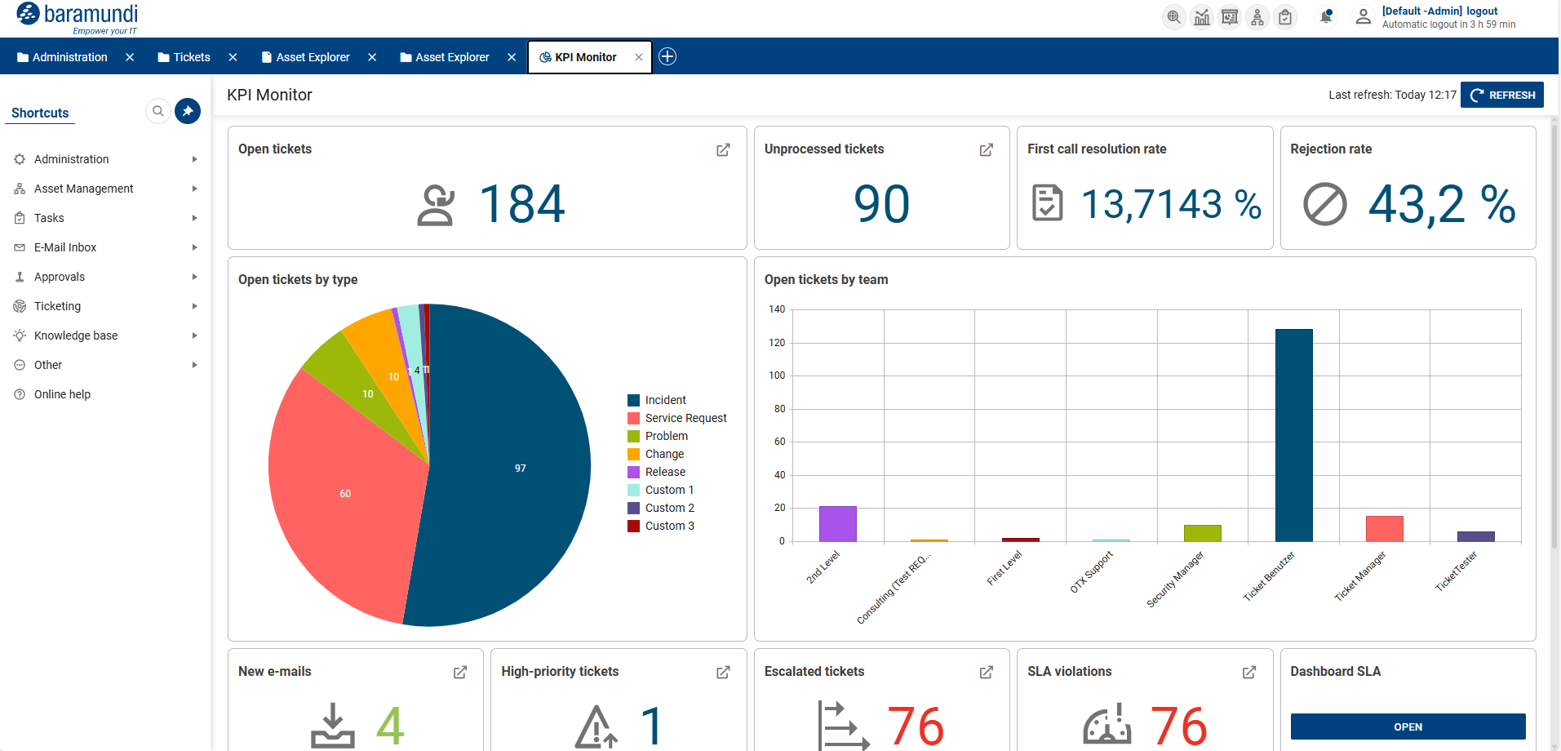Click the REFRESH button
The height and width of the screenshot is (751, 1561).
pos(1501,95)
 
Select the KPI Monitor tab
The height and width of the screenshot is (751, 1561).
pos(584,57)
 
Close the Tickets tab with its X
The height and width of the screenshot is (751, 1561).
pos(233,57)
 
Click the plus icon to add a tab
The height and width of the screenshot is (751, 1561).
pos(667,56)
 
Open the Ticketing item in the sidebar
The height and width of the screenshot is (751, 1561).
pos(57,306)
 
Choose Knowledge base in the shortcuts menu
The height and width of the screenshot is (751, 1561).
pos(75,336)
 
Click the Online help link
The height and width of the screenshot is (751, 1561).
pos(62,394)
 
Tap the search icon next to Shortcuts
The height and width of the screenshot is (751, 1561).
pos(158,111)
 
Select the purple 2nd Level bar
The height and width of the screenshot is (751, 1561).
pos(837,524)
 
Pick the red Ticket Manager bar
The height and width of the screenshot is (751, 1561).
pos(1384,529)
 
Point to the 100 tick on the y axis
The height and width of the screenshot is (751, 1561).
pos(777,375)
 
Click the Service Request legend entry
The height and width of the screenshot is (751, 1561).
pos(685,418)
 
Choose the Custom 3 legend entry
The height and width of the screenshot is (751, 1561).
pos(668,526)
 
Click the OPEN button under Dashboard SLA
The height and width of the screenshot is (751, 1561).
pos(1407,727)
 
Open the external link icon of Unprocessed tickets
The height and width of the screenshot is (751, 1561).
pos(986,150)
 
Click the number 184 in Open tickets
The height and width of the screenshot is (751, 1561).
pos(521,204)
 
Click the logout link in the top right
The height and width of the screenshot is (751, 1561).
pos(1481,11)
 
